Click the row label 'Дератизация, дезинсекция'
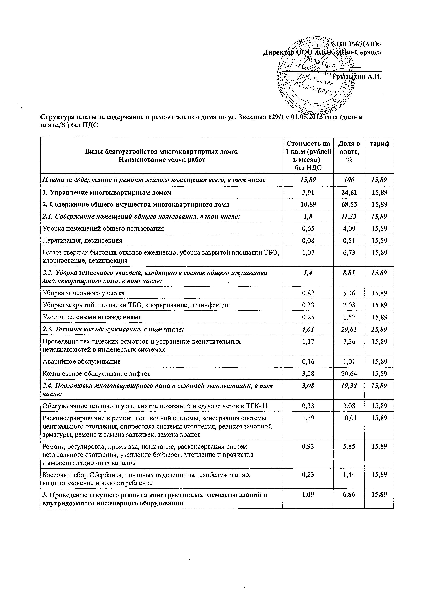click(x=82, y=240)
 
